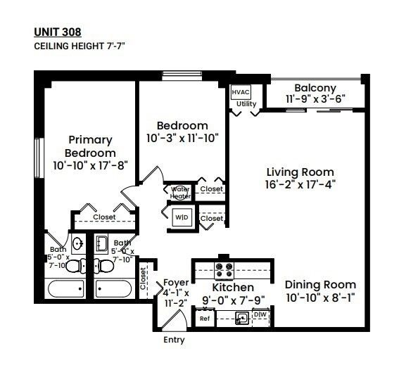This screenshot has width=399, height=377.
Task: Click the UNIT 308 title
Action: (x=57, y=32)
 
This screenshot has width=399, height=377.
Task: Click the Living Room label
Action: (x=300, y=172)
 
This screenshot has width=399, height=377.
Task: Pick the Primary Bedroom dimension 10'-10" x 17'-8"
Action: (x=89, y=165)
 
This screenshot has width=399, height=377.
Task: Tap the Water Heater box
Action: (x=181, y=192)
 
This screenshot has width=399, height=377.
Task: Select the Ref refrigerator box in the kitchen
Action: (x=205, y=319)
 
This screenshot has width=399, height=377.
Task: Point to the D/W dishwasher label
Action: (x=260, y=314)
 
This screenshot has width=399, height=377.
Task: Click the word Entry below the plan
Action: (x=174, y=340)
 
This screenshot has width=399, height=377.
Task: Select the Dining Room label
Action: (x=320, y=285)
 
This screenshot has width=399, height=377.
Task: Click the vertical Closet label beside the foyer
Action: (x=143, y=278)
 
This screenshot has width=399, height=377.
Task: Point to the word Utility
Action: (x=246, y=104)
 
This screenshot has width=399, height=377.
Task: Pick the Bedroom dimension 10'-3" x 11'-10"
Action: (x=182, y=139)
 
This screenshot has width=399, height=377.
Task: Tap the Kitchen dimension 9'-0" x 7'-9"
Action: (x=233, y=300)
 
